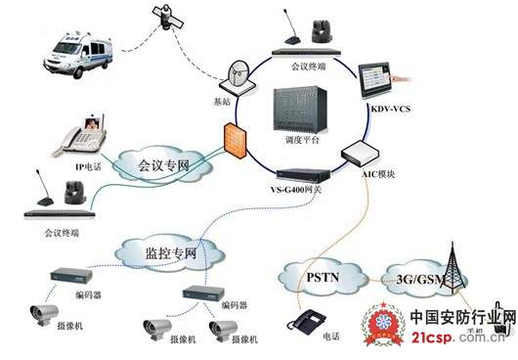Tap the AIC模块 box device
[360, 153]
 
